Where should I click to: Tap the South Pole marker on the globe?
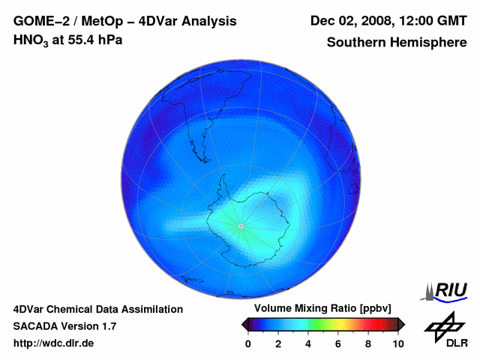coord(240,226)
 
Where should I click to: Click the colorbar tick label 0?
coord(248,343)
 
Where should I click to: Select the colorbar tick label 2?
coord(278,343)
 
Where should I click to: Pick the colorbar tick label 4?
coord(308,343)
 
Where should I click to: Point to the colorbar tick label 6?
coord(338,343)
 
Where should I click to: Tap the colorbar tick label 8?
coord(368,343)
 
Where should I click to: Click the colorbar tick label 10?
coord(397,343)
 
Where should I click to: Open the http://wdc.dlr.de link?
coord(54,343)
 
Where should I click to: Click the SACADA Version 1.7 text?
coord(64,326)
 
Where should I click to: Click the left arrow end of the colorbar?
coord(244,324)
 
